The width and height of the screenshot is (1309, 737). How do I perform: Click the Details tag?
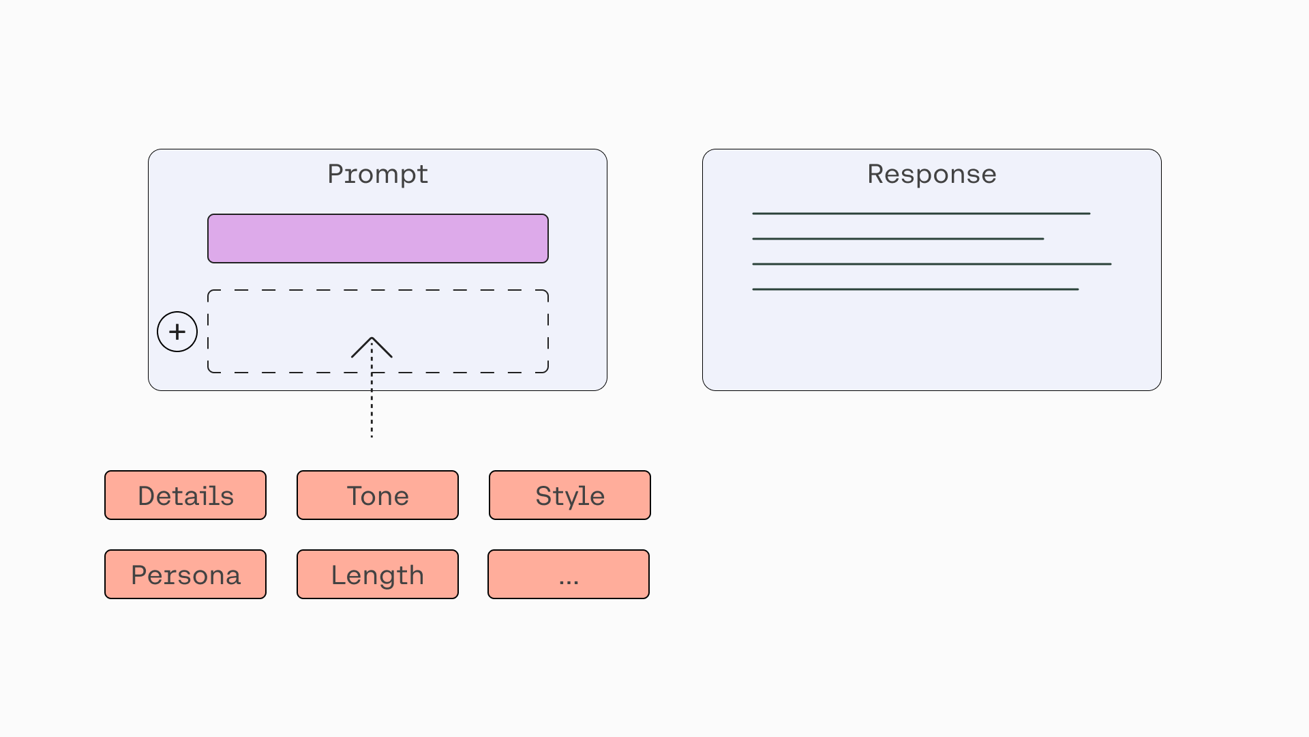pos(185,495)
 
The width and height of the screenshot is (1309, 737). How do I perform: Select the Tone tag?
pos(378,495)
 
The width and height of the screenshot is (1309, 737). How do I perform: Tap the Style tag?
pos(570,495)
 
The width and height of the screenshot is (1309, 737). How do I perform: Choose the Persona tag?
pos(185,575)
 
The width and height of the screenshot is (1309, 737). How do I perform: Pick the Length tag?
pos(378,575)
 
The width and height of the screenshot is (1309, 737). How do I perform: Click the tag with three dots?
pos(569,575)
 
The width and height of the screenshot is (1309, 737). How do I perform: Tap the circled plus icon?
pos(177,332)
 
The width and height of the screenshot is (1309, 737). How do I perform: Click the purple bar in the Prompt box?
pos(378,238)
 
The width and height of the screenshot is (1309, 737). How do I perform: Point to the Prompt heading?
pos(378,175)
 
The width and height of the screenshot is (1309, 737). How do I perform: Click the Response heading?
pos(932,174)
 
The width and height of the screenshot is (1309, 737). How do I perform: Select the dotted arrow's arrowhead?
pos(372,347)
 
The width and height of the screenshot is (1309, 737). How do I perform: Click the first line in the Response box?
pos(921,214)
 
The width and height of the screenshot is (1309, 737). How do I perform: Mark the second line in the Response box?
pos(898,239)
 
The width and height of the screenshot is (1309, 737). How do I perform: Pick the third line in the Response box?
pos(932,264)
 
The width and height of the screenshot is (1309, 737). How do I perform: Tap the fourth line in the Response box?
pos(916,289)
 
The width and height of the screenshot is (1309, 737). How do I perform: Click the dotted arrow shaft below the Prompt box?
pos(372,414)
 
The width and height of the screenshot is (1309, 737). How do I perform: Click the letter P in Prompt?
pos(335,174)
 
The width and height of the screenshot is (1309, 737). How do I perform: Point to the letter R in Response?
pos(876,174)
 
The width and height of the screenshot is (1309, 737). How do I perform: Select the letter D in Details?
pos(147,496)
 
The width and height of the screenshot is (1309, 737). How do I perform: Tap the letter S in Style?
pos(544,496)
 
